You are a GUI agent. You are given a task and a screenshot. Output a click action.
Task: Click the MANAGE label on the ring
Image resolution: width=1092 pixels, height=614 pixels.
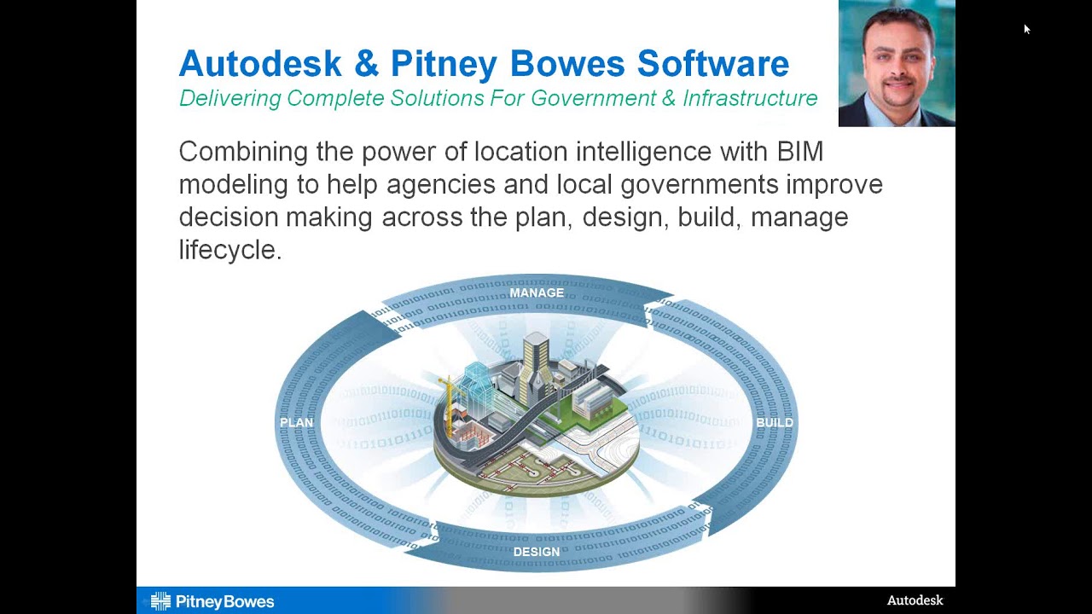click(537, 293)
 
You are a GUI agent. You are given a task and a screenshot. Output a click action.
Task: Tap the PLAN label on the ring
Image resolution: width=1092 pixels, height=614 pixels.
click(297, 423)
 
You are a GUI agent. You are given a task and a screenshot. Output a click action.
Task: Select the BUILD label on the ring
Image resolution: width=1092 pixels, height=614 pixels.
click(775, 423)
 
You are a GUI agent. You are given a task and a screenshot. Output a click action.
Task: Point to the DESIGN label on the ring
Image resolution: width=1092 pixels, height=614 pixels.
click(537, 552)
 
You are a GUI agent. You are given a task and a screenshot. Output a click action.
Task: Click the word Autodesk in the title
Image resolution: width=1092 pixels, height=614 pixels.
click(260, 64)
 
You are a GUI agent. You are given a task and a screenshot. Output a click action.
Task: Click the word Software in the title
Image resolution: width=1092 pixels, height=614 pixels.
click(713, 64)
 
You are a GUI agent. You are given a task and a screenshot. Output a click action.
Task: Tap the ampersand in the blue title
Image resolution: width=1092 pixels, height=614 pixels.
click(366, 64)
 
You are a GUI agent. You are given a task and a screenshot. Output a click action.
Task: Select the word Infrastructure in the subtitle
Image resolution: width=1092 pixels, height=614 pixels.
click(750, 99)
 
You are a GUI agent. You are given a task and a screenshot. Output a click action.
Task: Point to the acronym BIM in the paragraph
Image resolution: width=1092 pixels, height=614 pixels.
click(799, 152)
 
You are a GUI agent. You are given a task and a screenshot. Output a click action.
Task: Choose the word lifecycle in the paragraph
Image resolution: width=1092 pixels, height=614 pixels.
click(229, 250)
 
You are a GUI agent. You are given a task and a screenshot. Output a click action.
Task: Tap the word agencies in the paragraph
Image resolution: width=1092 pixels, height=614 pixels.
click(440, 184)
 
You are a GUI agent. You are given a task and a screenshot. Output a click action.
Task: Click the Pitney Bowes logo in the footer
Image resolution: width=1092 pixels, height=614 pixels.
click(212, 602)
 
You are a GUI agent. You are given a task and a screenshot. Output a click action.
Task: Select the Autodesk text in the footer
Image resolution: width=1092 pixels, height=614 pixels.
click(915, 600)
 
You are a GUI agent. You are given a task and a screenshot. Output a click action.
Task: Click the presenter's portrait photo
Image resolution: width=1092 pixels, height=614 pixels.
click(897, 64)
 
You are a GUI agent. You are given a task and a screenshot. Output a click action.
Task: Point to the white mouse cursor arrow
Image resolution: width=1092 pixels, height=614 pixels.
click(1026, 29)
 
